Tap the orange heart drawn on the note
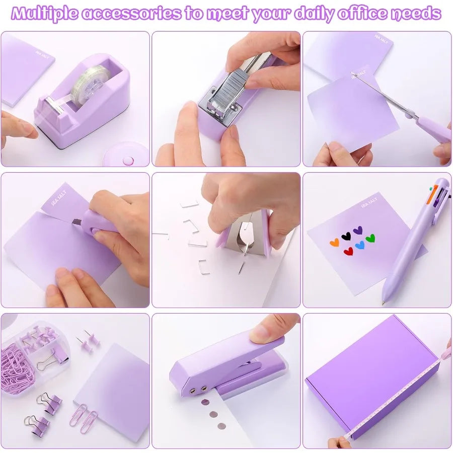(x=334, y=242)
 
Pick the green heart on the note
(x=370, y=238)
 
